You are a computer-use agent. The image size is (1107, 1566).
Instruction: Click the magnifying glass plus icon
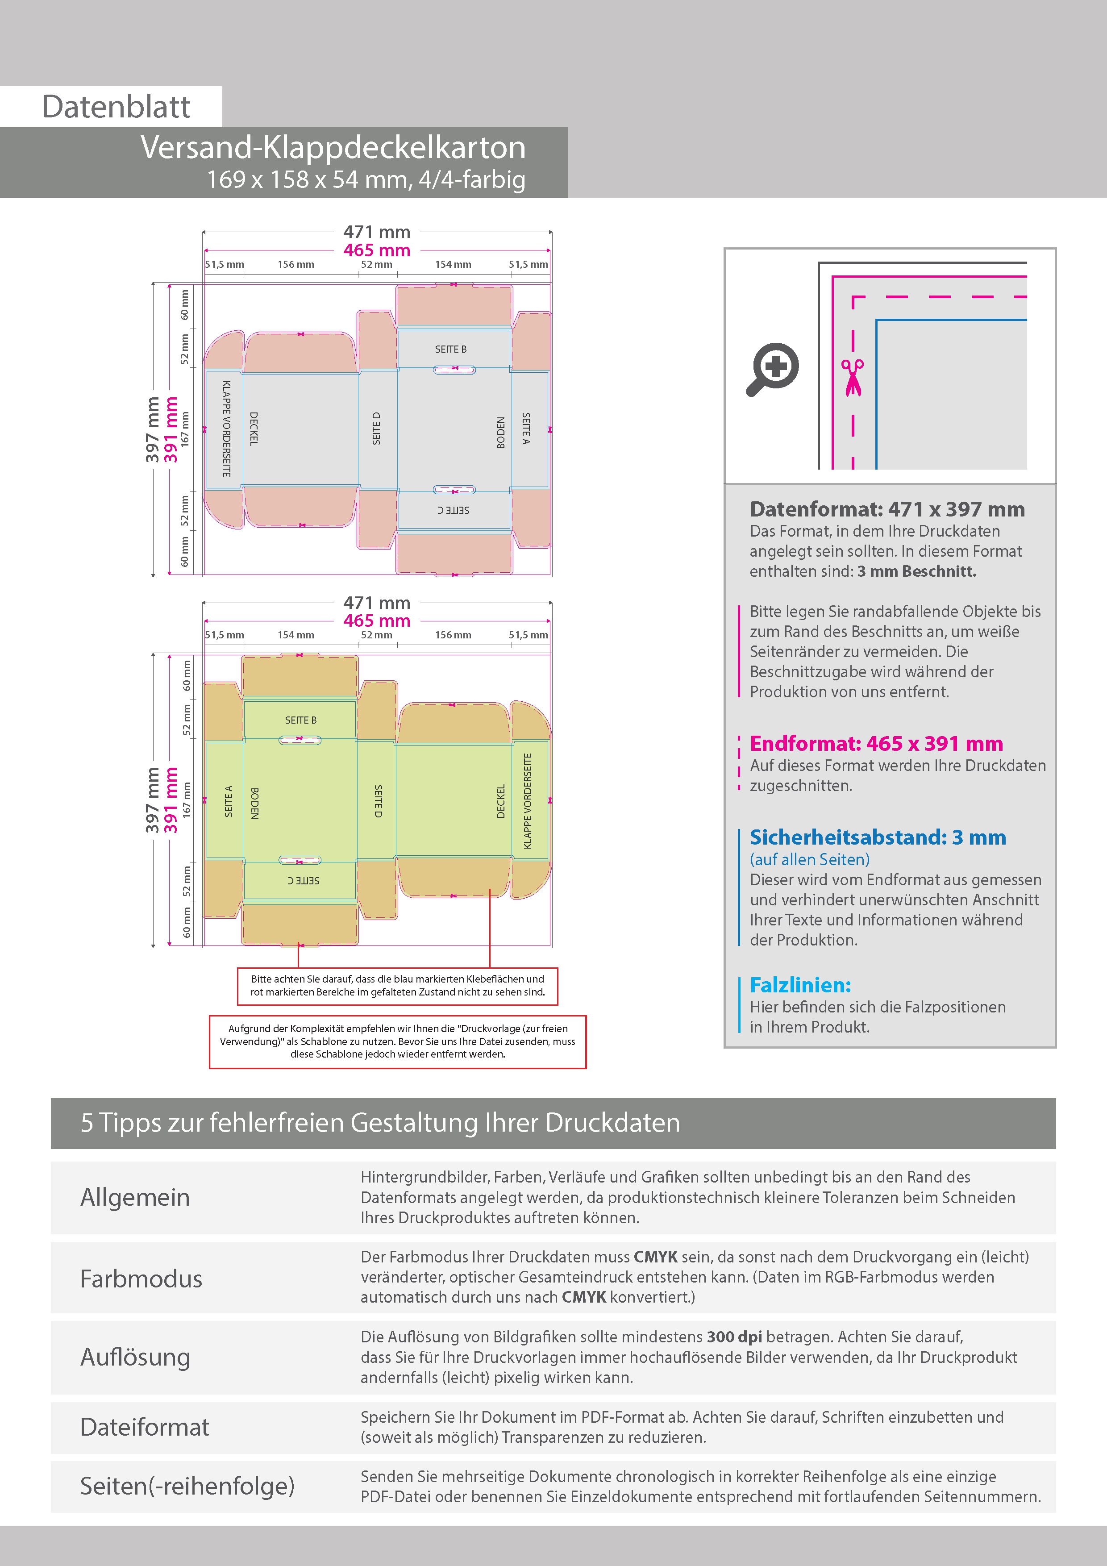[x=773, y=368]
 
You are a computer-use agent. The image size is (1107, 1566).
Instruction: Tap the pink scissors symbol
[x=852, y=377]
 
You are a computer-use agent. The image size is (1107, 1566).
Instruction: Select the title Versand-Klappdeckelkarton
[x=333, y=147]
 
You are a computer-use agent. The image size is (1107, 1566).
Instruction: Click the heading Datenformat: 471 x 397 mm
[x=886, y=509]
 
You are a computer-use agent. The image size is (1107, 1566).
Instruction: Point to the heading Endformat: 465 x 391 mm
[x=876, y=743]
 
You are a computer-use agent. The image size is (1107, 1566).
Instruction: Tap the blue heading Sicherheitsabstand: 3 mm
[x=877, y=837]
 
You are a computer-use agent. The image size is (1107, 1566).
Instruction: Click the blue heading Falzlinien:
[x=800, y=985]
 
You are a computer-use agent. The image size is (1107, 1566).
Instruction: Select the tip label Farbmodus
[x=141, y=1279]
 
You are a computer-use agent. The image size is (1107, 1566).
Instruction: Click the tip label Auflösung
[x=135, y=1357]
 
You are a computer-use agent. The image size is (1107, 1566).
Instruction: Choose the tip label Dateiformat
[x=145, y=1427]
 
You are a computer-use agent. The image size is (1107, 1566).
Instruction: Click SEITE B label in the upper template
[x=451, y=349]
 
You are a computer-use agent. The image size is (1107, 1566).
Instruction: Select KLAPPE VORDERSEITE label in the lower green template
[x=527, y=801]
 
